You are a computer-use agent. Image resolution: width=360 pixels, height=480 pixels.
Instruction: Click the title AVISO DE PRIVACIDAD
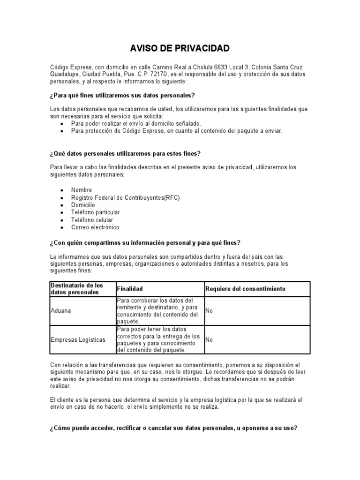coord(180,48)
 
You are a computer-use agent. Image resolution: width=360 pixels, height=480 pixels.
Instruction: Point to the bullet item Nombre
coord(82,190)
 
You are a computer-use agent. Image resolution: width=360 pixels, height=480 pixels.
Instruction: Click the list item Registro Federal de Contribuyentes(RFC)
coord(125,197)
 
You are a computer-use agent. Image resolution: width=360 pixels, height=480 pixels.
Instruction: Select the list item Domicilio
coord(83,205)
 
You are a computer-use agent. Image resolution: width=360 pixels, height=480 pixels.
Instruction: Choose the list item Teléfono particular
coord(96,212)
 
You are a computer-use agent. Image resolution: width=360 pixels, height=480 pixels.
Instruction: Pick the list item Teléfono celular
coord(92,220)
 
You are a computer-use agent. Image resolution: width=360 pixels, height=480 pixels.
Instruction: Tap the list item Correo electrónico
coord(95,227)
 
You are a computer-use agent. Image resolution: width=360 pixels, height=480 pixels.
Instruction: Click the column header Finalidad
coord(130,289)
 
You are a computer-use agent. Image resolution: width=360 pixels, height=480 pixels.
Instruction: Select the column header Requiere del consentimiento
coord(245,289)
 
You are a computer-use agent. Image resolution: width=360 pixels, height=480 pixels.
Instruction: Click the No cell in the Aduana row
coord(209,311)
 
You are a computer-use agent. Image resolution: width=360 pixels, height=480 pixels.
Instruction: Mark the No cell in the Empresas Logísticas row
coord(209,339)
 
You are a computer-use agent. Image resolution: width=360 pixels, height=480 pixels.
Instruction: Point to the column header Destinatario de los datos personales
coord(77,289)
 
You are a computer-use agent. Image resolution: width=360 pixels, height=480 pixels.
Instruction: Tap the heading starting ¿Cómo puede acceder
coord(173,428)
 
